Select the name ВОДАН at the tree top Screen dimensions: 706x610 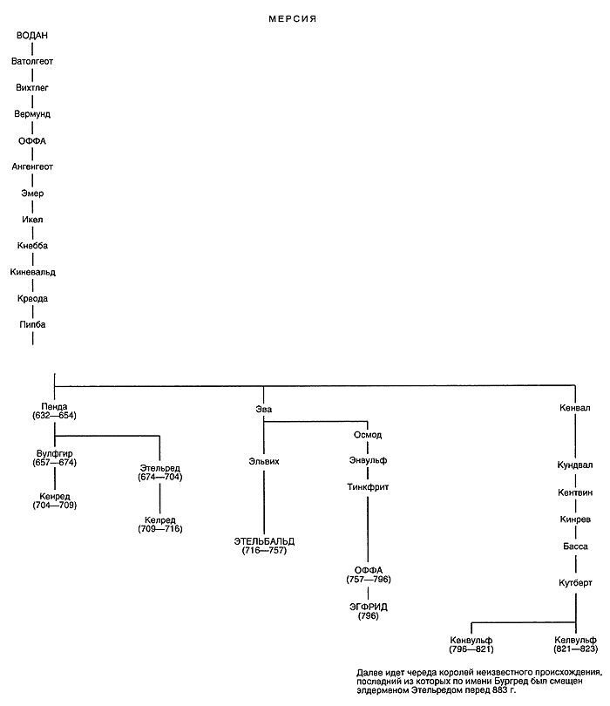click(32, 36)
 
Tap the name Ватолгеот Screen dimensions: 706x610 click(32, 62)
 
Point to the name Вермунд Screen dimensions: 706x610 click(32, 114)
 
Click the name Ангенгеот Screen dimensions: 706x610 click(33, 166)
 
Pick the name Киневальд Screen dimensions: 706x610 click(33, 272)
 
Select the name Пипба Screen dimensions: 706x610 click(32, 324)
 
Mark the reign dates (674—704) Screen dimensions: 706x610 click(159, 477)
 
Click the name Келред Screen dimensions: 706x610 click(159, 519)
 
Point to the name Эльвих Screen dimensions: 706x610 click(262, 461)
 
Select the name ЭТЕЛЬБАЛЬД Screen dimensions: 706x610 click(263, 540)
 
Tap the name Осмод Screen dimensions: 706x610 click(367, 434)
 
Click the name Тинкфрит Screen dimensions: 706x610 click(367, 487)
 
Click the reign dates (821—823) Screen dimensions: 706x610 click(575, 649)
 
